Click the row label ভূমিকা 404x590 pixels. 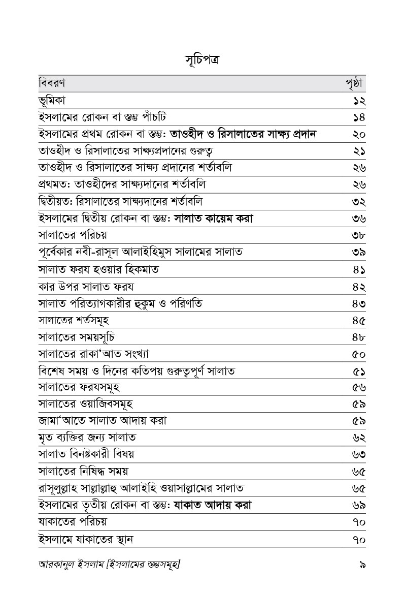pos(55,100)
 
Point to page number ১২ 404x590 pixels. pos(359,101)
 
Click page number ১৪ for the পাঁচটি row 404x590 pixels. pos(359,117)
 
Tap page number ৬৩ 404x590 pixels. pos(359,454)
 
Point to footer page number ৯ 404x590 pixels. pos(362,564)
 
